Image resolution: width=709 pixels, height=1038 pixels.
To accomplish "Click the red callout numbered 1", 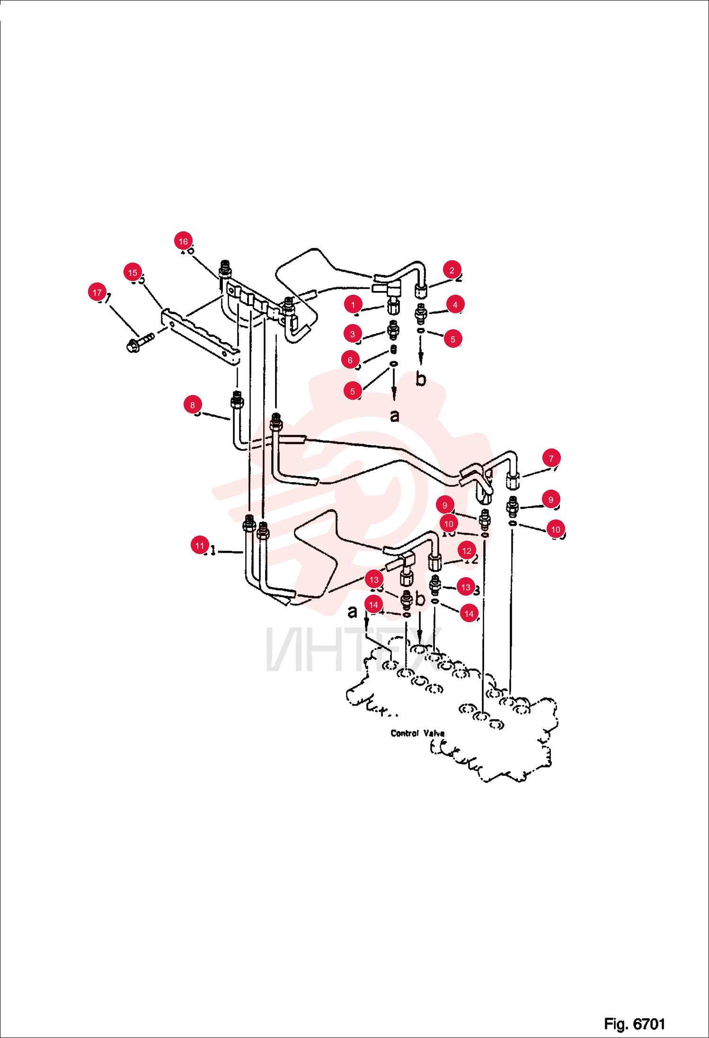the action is coord(353,305).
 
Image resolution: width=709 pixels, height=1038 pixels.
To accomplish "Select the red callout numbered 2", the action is coord(452,270).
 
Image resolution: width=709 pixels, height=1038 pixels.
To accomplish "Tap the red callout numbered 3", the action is coord(353,334).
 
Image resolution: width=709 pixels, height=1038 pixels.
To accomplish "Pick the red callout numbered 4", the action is coord(455,305).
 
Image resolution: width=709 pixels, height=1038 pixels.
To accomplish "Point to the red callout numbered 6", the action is coord(350,360).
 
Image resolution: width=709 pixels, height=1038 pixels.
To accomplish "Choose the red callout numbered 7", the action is coord(551,458).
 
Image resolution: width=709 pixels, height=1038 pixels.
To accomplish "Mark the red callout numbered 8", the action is coord(193,405).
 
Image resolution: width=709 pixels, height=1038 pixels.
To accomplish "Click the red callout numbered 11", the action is coord(200,545).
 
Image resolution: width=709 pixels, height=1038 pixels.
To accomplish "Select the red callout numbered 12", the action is coord(467,551).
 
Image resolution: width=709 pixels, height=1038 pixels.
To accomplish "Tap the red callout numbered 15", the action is coord(133,273).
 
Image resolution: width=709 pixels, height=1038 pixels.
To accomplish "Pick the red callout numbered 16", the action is coord(183,241).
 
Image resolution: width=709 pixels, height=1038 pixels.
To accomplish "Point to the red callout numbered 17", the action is coord(97,292).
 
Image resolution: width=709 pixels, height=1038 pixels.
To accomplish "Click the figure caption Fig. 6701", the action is coord(635,1024).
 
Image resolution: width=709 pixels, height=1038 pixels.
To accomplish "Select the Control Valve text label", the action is coord(417,733).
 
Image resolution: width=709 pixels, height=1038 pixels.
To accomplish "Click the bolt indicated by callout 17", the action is coord(140,343).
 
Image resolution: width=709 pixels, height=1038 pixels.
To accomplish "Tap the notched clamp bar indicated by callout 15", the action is coord(200,336).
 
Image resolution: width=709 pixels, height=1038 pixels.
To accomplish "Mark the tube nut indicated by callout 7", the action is coord(513,481).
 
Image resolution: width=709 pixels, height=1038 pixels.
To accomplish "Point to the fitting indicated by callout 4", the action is coord(421,313).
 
